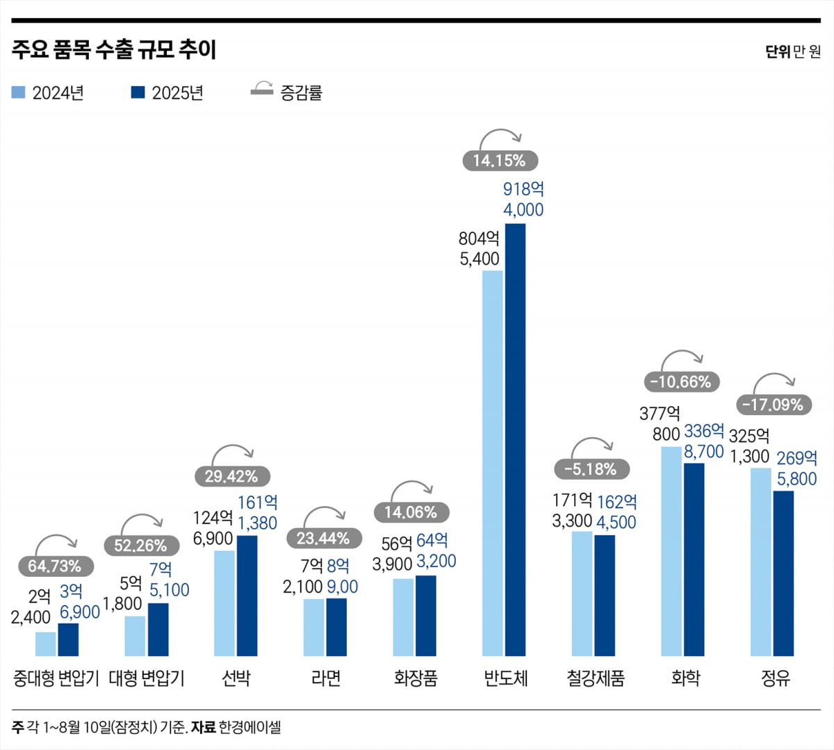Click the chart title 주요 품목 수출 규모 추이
click(114, 50)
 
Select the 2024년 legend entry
click(48, 92)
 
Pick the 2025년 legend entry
click(167, 92)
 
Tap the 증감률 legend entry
click(286, 92)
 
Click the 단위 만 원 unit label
click(792, 51)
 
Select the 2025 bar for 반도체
click(515, 439)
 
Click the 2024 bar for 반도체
click(493, 463)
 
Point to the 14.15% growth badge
click(500, 161)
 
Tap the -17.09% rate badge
click(771, 405)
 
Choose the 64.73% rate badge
click(54, 566)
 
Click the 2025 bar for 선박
click(247, 595)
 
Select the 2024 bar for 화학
click(671, 551)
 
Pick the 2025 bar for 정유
click(783, 573)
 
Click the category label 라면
click(326, 678)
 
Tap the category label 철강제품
click(595, 678)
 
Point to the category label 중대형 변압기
click(56, 678)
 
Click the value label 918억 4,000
click(523, 199)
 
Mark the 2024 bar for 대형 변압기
click(135, 635)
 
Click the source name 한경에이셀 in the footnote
click(250, 728)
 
